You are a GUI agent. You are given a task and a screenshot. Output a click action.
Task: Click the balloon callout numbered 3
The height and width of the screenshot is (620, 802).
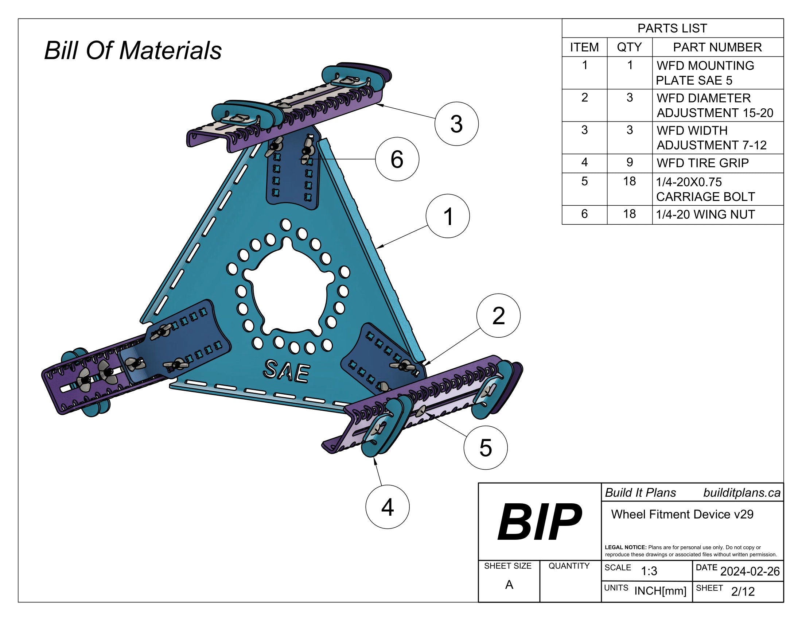point(456,124)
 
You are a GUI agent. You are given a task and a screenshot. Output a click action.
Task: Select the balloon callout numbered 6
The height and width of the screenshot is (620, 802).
point(397,159)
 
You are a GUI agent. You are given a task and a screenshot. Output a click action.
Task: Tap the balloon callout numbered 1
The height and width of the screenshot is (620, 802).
point(448,216)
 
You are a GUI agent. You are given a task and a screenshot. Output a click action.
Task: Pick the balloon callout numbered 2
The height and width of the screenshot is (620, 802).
point(498,315)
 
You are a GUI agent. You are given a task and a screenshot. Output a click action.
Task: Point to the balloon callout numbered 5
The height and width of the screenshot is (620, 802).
point(486,447)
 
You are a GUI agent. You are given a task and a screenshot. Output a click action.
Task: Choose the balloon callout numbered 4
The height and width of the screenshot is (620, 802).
point(388,507)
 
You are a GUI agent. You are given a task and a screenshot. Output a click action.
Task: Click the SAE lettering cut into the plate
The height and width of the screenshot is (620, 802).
point(287,371)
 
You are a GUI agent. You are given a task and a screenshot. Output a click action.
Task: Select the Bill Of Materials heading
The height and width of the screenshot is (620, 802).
point(133,50)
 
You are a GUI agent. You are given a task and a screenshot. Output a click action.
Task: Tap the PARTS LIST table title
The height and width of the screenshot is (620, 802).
point(672,28)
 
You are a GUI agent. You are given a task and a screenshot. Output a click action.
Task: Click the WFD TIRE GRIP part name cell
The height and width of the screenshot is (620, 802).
point(702,163)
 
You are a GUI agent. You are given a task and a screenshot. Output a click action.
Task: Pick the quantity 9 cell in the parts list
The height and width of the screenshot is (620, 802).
point(630,162)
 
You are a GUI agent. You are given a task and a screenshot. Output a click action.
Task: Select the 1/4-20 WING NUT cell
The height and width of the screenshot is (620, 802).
point(705,214)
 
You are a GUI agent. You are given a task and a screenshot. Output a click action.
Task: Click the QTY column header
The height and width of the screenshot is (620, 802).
point(630,47)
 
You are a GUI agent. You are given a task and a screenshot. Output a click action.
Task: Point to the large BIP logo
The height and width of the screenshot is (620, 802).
point(539,522)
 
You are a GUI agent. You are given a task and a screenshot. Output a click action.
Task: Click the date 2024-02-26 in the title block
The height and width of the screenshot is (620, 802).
point(750,571)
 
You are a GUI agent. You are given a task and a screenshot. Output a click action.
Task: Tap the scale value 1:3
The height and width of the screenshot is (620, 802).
point(649,571)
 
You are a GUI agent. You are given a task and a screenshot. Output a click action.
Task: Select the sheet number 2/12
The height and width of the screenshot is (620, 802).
point(743,591)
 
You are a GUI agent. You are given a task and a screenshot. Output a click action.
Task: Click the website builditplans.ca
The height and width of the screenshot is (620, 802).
point(741,493)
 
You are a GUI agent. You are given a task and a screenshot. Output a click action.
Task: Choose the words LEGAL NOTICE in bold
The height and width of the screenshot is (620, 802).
point(625,547)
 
